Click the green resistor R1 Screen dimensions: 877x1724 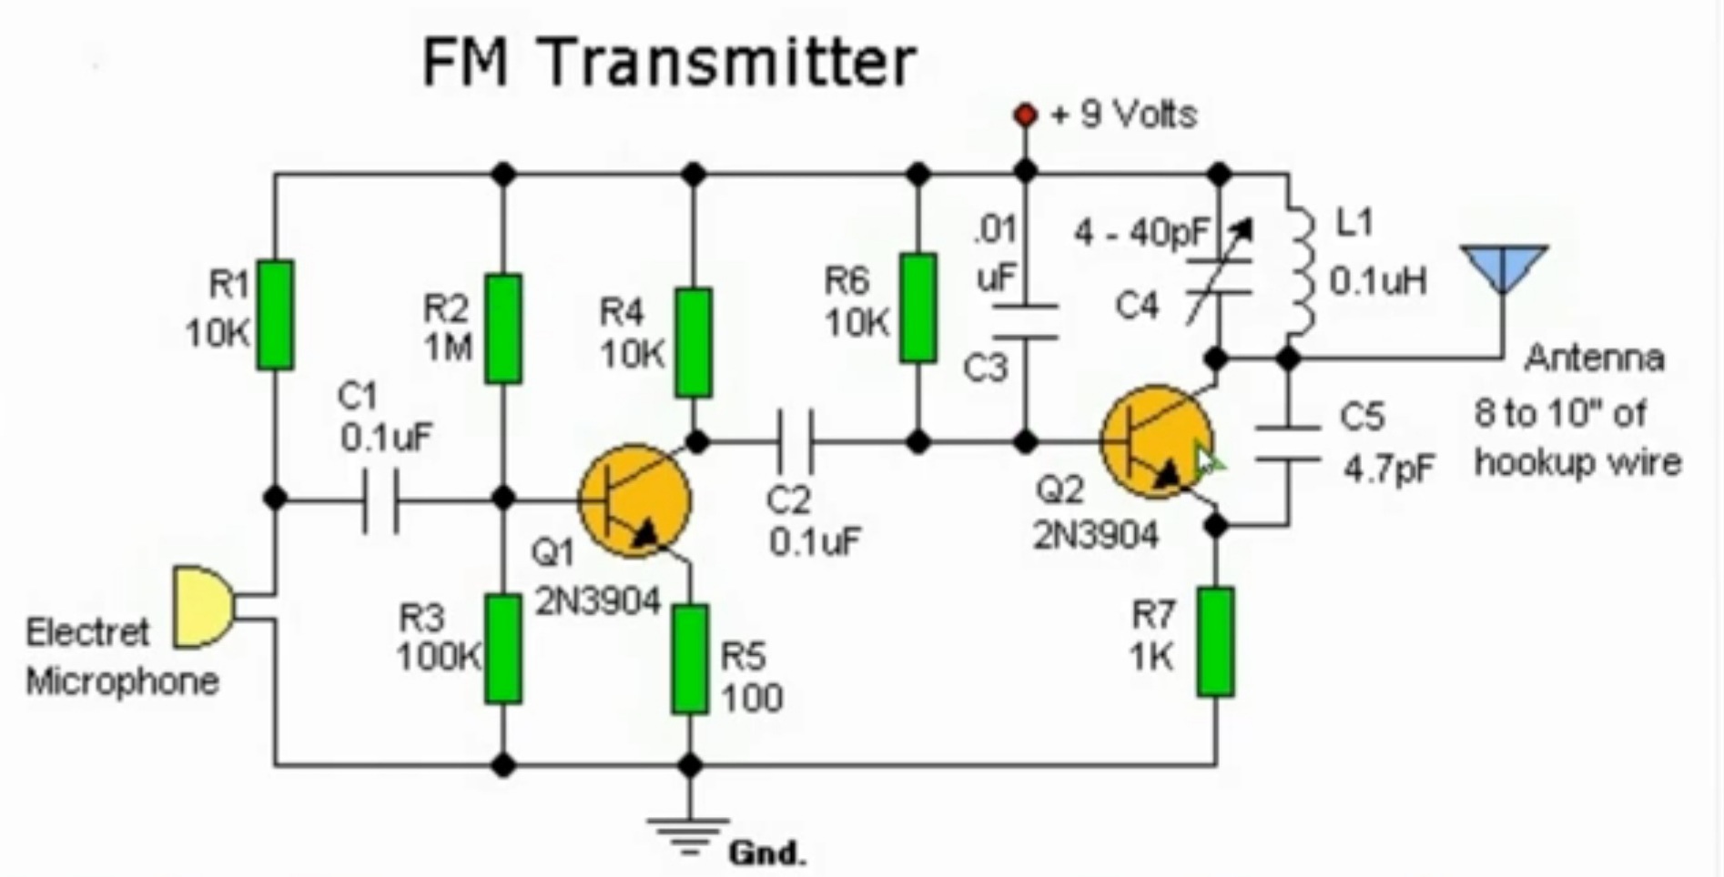coord(275,315)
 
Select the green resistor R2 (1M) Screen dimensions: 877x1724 coord(503,328)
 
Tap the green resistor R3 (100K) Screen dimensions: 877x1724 coord(503,649)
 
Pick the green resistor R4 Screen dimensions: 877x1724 coord(694,342)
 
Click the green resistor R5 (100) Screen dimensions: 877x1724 coord(690,660)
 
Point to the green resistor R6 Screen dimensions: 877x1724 coord(918,309)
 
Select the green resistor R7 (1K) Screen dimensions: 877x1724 coord(1216,642)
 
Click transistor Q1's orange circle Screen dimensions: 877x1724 coord(635,500)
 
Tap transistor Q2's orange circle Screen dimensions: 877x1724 coord(1156,442)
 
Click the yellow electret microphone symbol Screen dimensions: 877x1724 coord(200,607)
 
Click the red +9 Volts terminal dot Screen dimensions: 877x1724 coord(1026,116)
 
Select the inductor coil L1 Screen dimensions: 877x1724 coord(1302,273)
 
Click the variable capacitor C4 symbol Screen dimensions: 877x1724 coord(1219,278)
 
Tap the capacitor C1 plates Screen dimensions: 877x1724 coord(380,500)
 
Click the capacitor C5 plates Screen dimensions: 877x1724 coord(1287,443)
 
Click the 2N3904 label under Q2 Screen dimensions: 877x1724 coord(1096,536)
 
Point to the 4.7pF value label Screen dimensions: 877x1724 coord(1389,469)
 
